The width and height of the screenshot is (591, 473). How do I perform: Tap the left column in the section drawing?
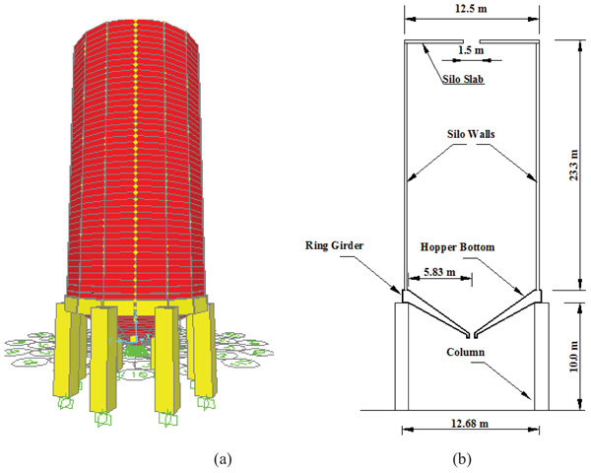402,355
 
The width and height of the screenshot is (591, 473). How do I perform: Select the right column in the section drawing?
541,355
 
